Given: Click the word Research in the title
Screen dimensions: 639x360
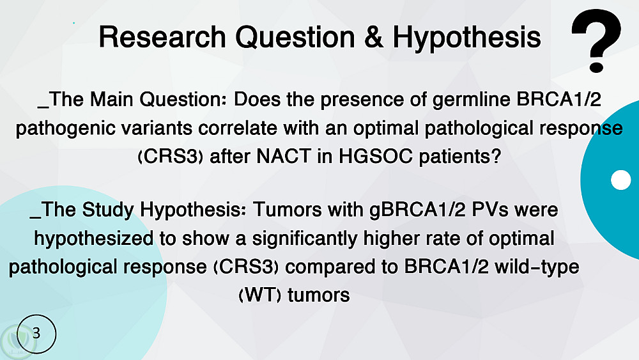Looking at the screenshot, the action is (x=162, y=36).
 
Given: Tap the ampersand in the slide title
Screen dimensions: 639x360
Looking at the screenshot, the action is (x=374, y=36).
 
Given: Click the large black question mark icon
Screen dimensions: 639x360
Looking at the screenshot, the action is (x=596, y=41).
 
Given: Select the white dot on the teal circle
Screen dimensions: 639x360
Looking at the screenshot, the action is (x=620, y=180).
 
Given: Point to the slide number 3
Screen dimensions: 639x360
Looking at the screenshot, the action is (x=36, y=333).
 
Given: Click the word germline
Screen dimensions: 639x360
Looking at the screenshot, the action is (x=471, y=100).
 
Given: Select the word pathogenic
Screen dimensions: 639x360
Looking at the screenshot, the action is (x=58, y=129).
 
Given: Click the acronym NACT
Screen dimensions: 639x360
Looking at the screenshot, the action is (x=283, y=156).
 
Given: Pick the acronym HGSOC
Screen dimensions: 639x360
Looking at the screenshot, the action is (x=375, y=156).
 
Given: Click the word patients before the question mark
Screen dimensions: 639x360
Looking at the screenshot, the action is (x=455, y=157).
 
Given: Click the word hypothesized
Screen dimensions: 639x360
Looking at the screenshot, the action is (x=94, y=239).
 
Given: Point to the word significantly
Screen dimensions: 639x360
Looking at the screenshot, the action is (x=304, y=239).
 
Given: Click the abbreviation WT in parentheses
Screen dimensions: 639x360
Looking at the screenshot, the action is (x=259, y=295).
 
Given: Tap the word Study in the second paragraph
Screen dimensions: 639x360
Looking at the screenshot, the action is (x=108, y=210).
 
